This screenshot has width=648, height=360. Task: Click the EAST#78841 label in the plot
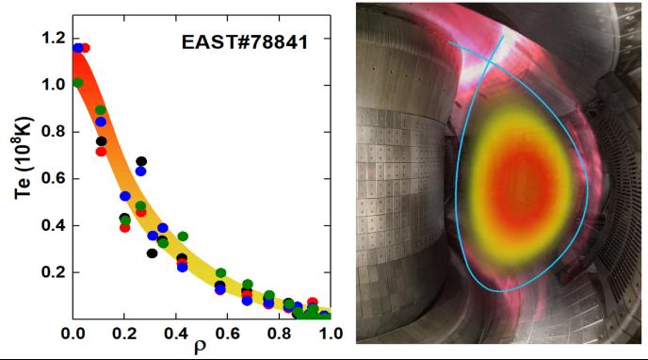244,42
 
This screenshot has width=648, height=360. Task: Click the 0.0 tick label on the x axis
73,334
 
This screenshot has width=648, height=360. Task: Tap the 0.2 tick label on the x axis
124,334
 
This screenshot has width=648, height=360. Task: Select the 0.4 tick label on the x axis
176,334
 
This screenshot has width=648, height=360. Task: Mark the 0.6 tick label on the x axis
227,334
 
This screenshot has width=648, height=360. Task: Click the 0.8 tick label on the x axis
279,334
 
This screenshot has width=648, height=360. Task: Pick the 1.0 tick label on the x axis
330,334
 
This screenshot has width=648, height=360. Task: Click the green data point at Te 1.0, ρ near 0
77,83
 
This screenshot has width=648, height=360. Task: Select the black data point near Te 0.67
141,162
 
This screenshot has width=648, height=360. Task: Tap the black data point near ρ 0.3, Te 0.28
152,253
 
